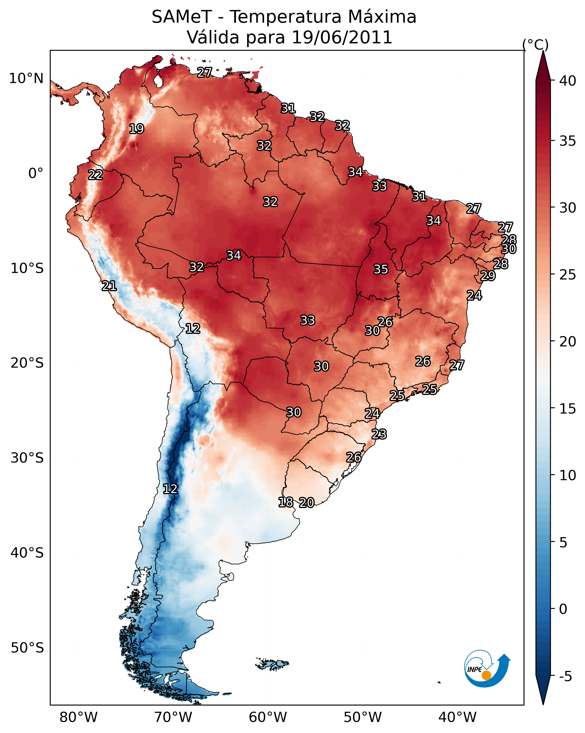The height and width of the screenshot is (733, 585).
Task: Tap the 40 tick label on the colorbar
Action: tap(568, 81)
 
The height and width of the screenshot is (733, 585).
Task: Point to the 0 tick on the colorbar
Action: tap(563, 610)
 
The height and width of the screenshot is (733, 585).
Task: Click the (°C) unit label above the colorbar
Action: tap(535, 45)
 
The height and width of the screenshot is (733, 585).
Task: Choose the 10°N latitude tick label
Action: tap(26, 79)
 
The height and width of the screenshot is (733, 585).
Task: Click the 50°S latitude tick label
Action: tap(27, 648)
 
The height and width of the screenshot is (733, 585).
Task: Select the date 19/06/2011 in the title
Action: tap(342, 37)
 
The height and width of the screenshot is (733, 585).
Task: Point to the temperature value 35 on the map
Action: tap(381, 269)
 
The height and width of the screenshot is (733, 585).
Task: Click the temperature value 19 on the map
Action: tap(136, 129)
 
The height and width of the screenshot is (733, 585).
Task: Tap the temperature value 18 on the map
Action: tap(286, 502)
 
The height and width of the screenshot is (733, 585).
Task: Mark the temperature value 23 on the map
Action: tap(379, 434)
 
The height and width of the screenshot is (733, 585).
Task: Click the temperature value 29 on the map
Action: tap(488, 276)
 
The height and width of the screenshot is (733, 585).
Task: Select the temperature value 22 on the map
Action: tap(95, 175)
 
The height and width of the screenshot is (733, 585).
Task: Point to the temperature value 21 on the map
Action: tap(109, 286)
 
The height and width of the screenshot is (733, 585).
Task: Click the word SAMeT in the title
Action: tap(182, 17)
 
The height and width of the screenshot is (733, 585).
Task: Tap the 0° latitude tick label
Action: tap(36, 173)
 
